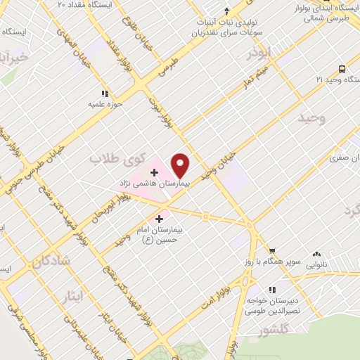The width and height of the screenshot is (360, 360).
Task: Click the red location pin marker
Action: (x=181, y=165)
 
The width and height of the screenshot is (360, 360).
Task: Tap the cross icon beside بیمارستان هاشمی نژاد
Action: (x=154, y=172)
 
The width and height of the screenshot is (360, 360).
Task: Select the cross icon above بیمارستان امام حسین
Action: (x=160, y=219)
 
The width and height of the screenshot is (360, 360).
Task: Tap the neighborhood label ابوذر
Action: (x=259, y=52)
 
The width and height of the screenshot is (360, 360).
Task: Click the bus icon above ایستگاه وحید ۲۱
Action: (x=342, y=69)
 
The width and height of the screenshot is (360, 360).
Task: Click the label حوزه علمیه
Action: (x=105, y=104)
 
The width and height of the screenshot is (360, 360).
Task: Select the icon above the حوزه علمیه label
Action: (x=105, y=93)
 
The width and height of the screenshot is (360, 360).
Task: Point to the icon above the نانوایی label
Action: (x=317, y=255)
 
